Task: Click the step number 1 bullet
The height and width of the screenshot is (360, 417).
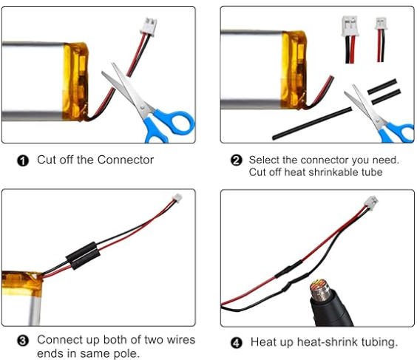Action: click(x=23, y=161)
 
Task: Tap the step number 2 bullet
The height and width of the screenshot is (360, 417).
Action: click(x=236, y=160)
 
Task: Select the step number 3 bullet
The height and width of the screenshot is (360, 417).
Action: click(x=23, y=341)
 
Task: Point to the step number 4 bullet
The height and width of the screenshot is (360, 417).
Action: click(x=236, y=342)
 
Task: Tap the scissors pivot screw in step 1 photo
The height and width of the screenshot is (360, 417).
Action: click(x=141, y=107)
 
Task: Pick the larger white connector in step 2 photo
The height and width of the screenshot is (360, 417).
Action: click(x=350, y=26)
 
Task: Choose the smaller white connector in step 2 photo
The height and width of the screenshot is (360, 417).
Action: click(x=381, y=24)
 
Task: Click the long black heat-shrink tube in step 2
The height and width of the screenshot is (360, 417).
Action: click(x=312, y=123)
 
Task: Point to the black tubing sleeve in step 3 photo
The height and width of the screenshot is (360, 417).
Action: click(x=83, y=256)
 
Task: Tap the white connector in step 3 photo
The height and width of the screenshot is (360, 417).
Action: click(x=177, y=198)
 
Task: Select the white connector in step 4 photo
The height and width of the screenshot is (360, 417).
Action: click(x=371, y=203)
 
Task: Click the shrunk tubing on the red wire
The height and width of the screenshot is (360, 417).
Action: click(x=288, y=268)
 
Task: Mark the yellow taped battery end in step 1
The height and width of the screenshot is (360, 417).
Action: click(x=75, y=81)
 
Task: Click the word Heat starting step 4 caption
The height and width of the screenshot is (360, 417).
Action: click(x=263, y=342)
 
